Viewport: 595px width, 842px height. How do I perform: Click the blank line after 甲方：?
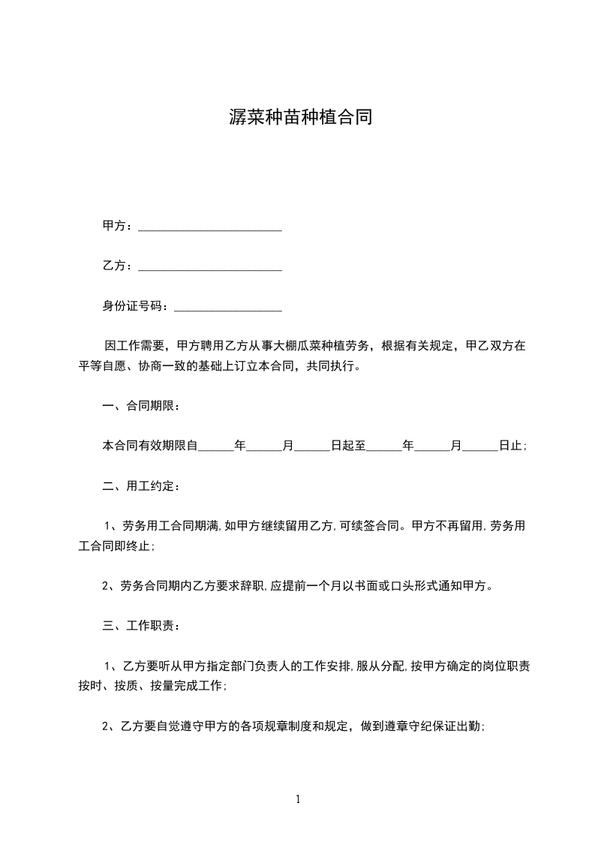210,226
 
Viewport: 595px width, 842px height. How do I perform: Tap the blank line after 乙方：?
210,266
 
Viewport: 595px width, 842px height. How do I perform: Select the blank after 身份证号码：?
227,306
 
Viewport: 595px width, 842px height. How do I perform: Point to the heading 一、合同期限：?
141,407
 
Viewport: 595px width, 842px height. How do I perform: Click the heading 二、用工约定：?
141,486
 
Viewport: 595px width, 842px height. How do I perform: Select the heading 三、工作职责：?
141,626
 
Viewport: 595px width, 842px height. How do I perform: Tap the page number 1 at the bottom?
298,799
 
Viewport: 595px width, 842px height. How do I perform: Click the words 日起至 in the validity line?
348,446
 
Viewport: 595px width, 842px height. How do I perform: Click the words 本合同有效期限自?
150,446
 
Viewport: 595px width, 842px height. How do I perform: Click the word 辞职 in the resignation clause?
246,586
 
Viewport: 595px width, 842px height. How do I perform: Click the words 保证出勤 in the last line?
457,726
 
